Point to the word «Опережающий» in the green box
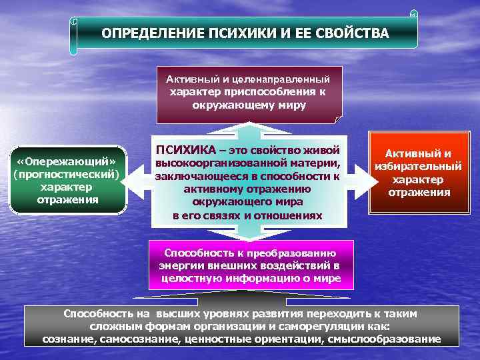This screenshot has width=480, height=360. [67, 163]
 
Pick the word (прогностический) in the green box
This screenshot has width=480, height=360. [67, 175]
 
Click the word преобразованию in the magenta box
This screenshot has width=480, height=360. [298, 253]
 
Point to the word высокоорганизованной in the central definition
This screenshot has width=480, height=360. [215, 163]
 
